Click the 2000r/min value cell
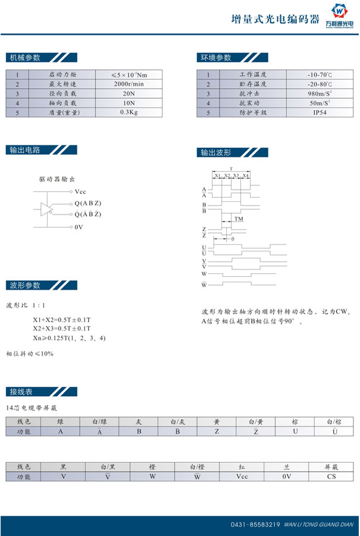coord(129,84)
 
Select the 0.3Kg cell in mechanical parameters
coord(129,112)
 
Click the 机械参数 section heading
coord(25,58)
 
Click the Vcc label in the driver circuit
coord(80,192)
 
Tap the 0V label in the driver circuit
coord(79,228)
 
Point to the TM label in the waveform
coord(239,219)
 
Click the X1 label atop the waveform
coord(218,176)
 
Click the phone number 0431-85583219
coord(255,525)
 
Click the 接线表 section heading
coord(21,391)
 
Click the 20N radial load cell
coord(129,94)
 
